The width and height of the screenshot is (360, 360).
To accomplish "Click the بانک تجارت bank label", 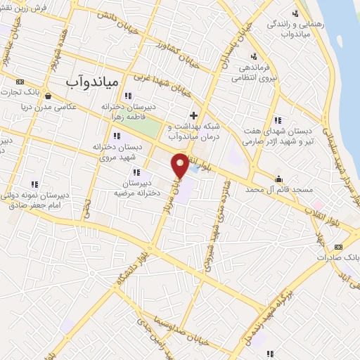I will (22, 92).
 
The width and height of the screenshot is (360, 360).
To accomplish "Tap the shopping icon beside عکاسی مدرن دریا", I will (47, 96).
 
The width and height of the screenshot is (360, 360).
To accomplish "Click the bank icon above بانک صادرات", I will (338, 247).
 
